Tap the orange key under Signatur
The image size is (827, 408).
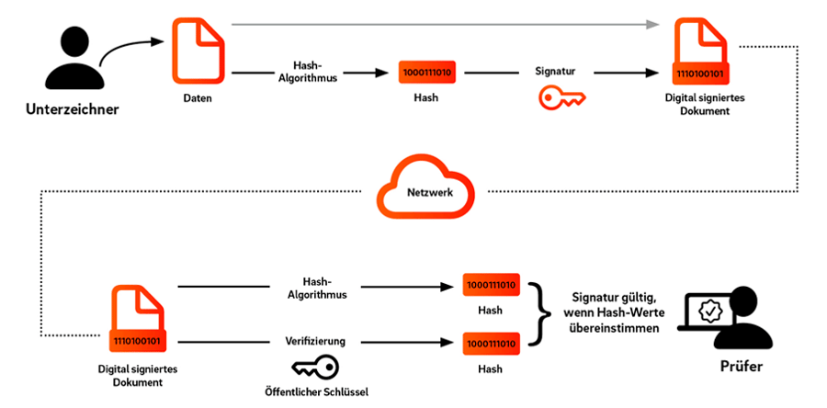click(561, 97)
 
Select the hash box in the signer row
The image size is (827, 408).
click(427, 73)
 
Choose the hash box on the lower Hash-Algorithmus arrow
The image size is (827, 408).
click(491, 285)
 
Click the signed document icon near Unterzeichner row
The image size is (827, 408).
click(700, 51)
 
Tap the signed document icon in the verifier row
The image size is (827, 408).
click(138, 318)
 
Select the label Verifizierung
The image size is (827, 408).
click(316, 341)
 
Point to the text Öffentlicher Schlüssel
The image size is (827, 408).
click(315, 391)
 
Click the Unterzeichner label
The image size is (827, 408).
click(73, 109)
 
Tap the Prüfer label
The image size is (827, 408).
click(741, 367)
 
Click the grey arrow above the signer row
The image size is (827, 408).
click(446, 24)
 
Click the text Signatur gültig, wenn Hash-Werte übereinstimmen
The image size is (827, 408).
click(614, 312)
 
